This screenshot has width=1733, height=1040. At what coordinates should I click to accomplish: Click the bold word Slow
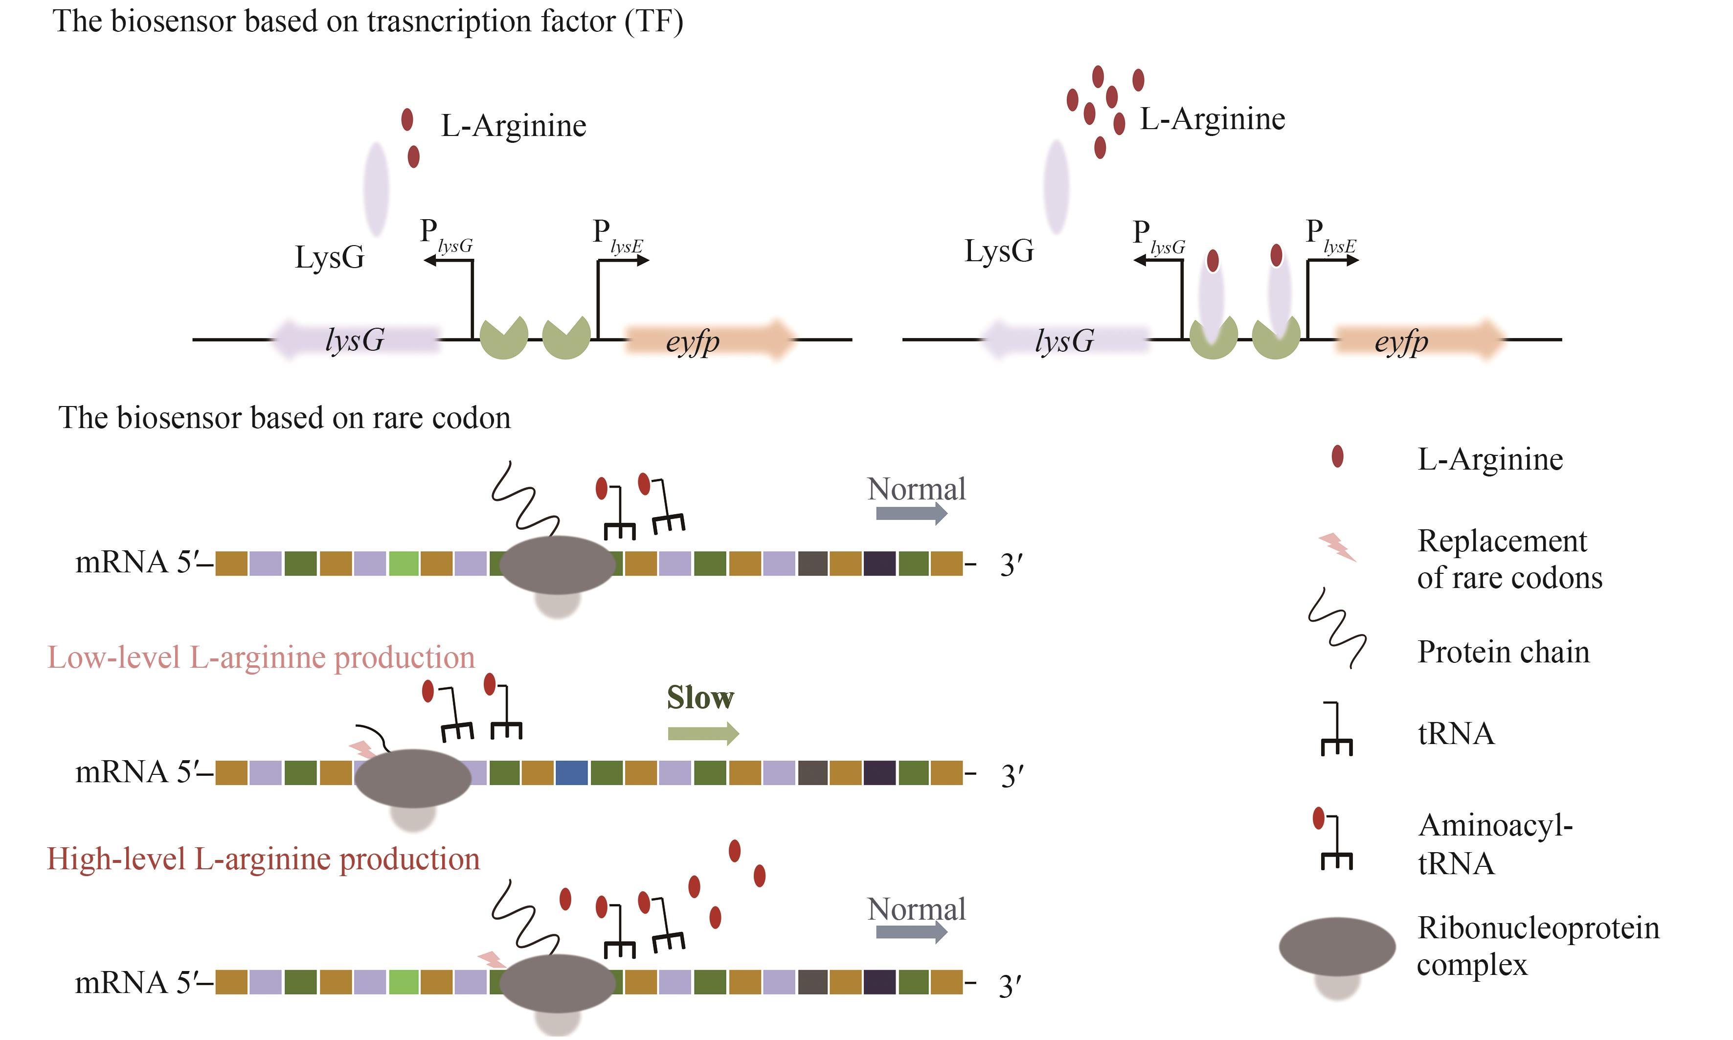click(x=699, y=698)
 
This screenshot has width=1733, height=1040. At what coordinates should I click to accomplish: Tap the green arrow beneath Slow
click(x=703, y=734)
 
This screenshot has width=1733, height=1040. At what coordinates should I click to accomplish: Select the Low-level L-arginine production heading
click(x=261, y=658)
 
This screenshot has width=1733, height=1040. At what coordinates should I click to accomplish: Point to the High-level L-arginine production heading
click(x=263, y=859)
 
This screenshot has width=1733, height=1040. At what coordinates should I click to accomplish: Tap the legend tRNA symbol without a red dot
click(x=1336, y=730)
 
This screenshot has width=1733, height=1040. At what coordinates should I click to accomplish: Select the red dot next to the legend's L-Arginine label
click(x=1337, y=456)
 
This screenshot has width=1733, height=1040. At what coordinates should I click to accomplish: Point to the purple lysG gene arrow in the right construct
click(x=1065, y=340)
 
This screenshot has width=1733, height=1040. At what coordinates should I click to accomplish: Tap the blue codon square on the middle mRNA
click(x=571, y=773)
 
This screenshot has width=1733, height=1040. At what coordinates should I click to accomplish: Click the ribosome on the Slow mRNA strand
click(x=413, y=779)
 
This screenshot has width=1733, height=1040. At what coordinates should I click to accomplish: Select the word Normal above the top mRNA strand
click(x=916, y=489)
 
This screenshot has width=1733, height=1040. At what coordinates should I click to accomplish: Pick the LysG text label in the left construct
click(x=329, y=257)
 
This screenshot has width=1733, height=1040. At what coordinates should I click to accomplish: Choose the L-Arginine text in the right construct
click(x=1213, y=119)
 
